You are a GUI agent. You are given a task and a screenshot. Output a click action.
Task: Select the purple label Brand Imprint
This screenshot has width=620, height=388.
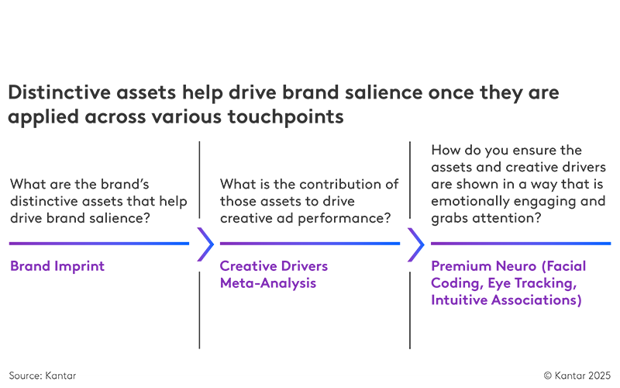[x=57, y=266]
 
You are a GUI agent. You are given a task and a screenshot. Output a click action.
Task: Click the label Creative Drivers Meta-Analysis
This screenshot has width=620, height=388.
[x=274, y=275]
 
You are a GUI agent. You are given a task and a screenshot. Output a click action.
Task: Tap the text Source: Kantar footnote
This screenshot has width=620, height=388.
[x=43, y=376]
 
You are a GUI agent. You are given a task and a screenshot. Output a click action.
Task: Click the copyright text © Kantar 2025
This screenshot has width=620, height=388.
[x=577, y=376]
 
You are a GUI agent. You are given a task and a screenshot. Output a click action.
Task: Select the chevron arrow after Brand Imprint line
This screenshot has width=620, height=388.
[x=205, y=244]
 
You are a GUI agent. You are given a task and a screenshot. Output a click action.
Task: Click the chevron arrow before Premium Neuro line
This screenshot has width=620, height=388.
[x=415, y=244]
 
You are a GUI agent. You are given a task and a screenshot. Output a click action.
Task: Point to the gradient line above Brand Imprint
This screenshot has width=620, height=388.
[x=99, y=244]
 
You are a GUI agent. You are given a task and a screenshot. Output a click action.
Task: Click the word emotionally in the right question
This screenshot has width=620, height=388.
[x=468, y=202]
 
